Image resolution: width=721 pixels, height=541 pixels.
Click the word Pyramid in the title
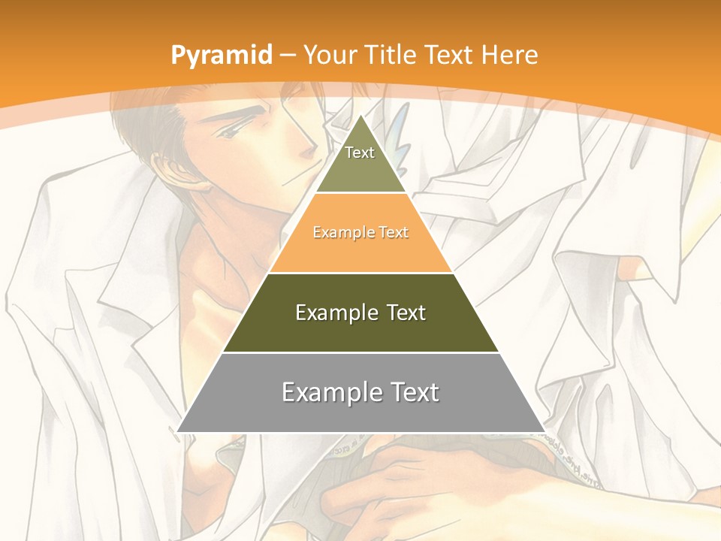click(221, 55)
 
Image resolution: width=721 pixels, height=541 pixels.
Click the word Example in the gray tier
click(330, 392)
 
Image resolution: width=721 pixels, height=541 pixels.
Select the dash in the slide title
click(287, 55)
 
